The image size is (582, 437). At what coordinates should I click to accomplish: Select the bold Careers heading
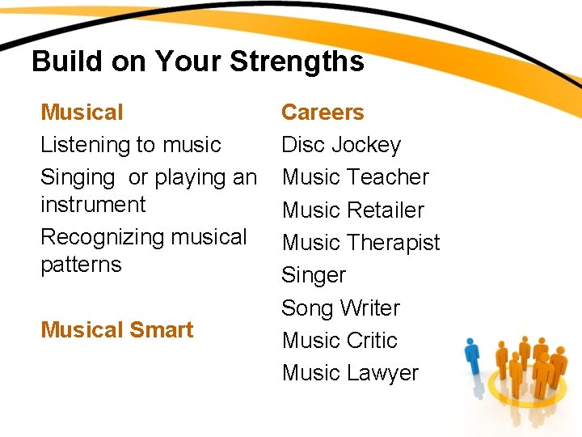pyautogui.click(x=323, y=112)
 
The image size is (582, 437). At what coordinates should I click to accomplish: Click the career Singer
pyautogui.click(x=314, y=276)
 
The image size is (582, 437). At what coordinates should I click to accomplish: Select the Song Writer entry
pyautogui.click(x=340, y=308)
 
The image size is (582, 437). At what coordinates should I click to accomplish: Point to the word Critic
pyautogui.click(x=373, y=341)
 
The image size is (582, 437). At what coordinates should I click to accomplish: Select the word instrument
pyautogui.click(x=93, y=205)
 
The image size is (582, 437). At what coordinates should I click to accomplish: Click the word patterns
pyautogui.click(x=81, y=265)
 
